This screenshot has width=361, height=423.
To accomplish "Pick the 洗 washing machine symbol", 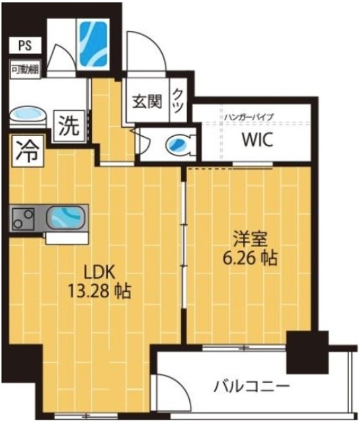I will point(69,124).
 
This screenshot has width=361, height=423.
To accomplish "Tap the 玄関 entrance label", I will point(147,104).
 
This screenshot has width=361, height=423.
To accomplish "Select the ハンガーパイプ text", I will point(248,116).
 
